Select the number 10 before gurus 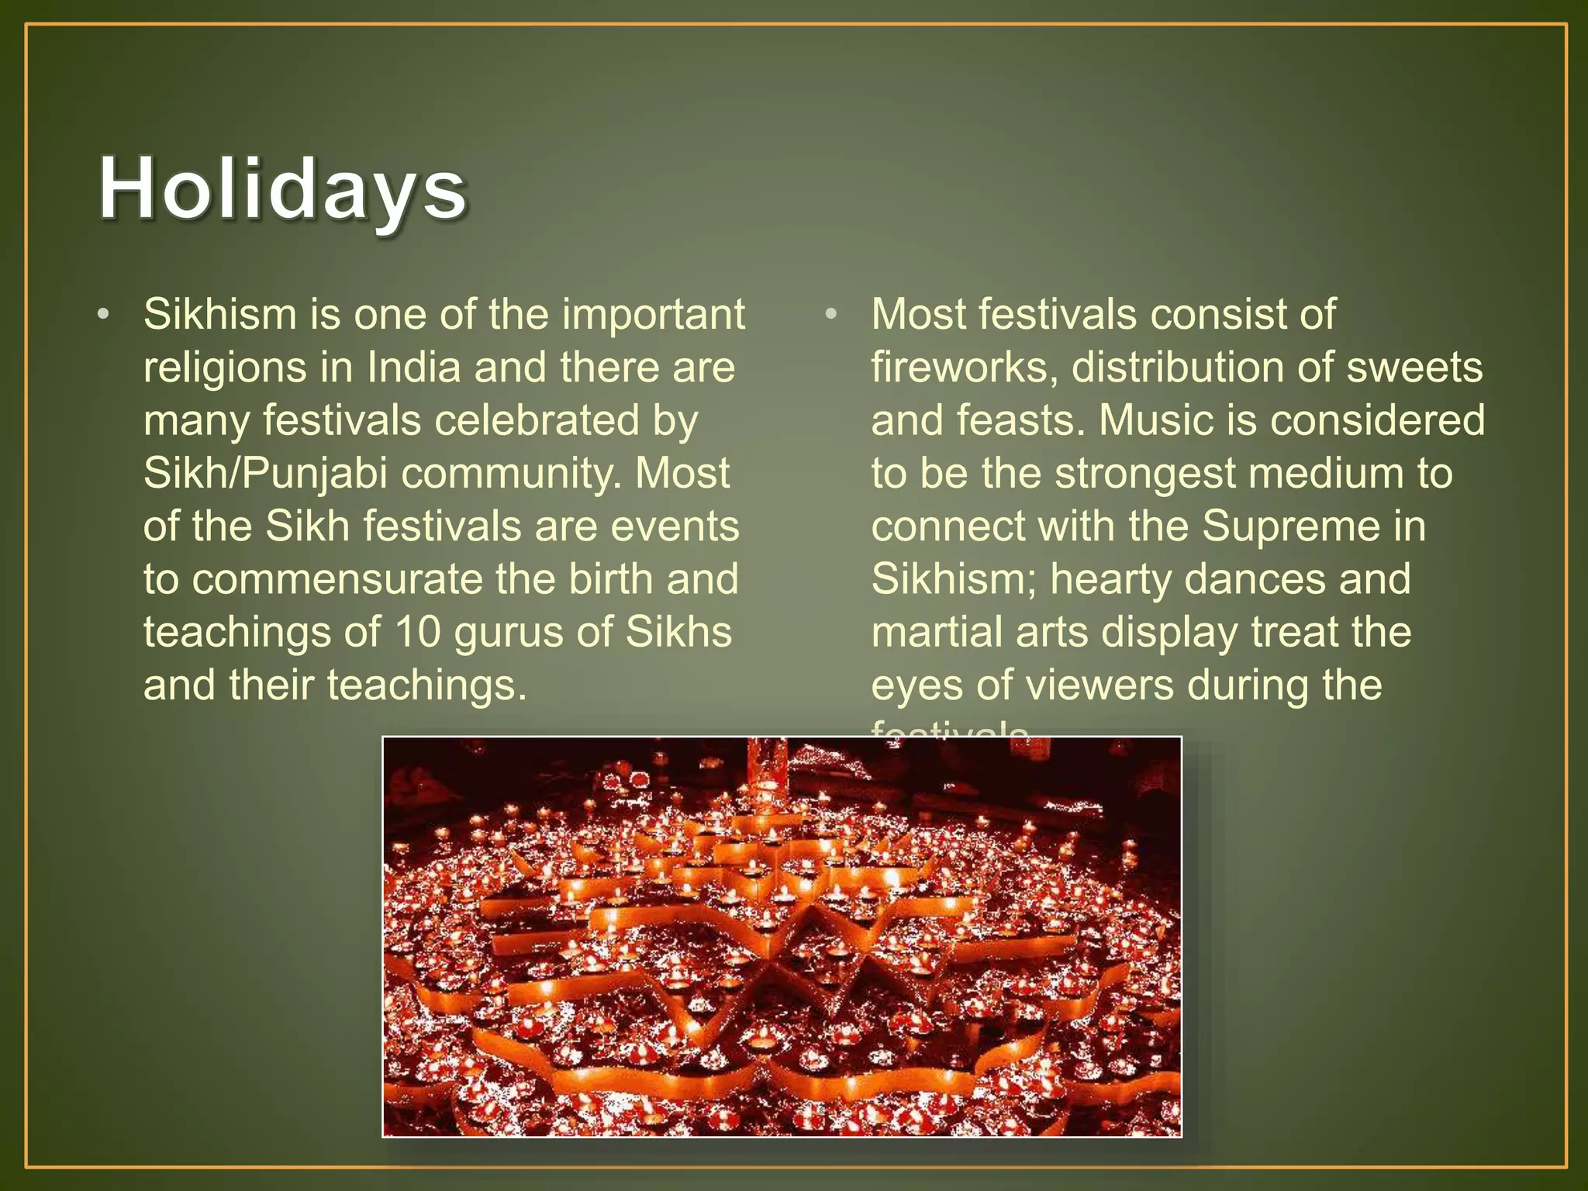click(x=418, y=632)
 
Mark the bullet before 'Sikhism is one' click(x=104, y=316)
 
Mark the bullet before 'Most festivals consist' click(x=831, y=316)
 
